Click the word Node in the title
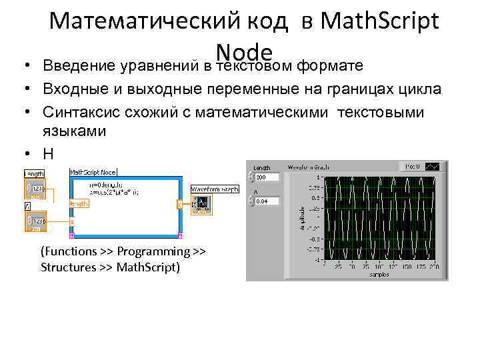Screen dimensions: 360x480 tap(245, 52)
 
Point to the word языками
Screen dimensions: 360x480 tap(73, 131)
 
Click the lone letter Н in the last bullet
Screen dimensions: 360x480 tap(47, 153)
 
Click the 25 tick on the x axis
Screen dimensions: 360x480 tap(337, 266)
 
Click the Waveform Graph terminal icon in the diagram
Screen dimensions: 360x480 tap(202, 204)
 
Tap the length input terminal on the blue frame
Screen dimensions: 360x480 tap(79, 203)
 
